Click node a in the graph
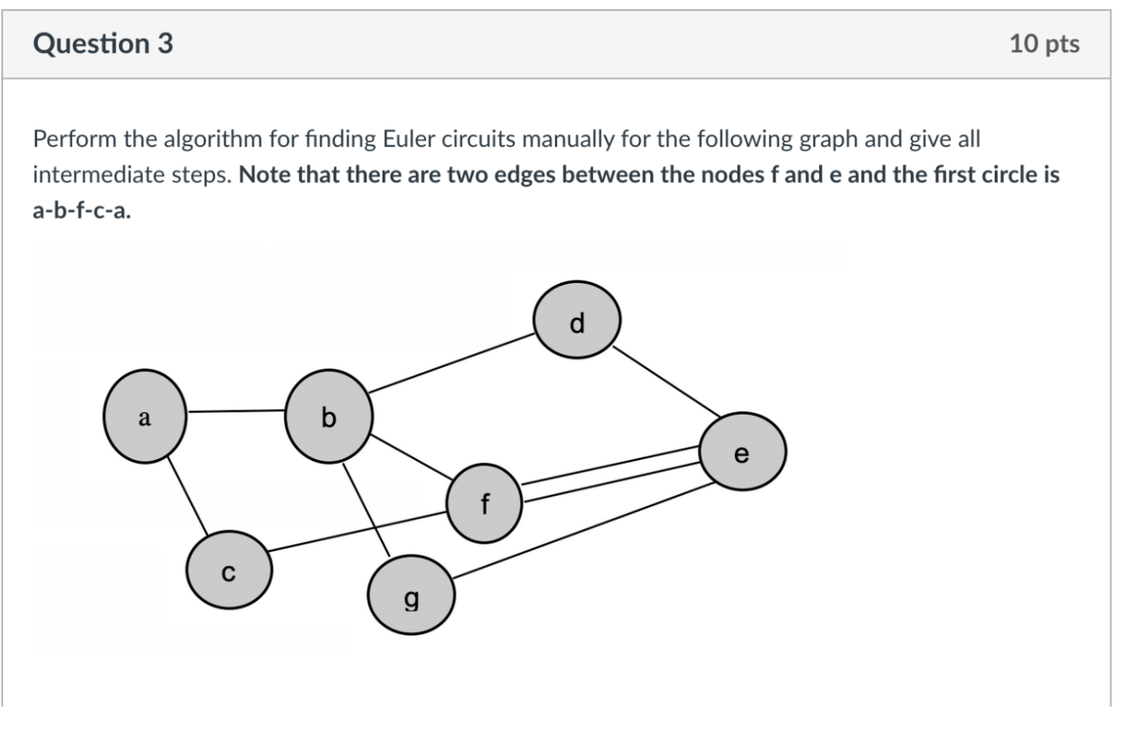pyautogui.click(x=145, y=416)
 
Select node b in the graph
pyautogui.click(x=328, y=416)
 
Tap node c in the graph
pyautogui.click(x=229, y=570)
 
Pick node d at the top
pyautogui.click(x=577, y=320)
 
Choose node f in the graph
pyautogui.click(x=484, y=503)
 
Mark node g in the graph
pyautogui.click(x=411, y=596)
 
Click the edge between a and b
pyautogui.click(x=236, y=411)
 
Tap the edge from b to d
pyautogui.click(x=450, y=364)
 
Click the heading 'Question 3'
pyautogui.click(x=103, y=43)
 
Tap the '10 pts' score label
pyautogui.click(x=1043, y=44)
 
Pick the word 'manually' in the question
pyautogui.click(x=568, y=139)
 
